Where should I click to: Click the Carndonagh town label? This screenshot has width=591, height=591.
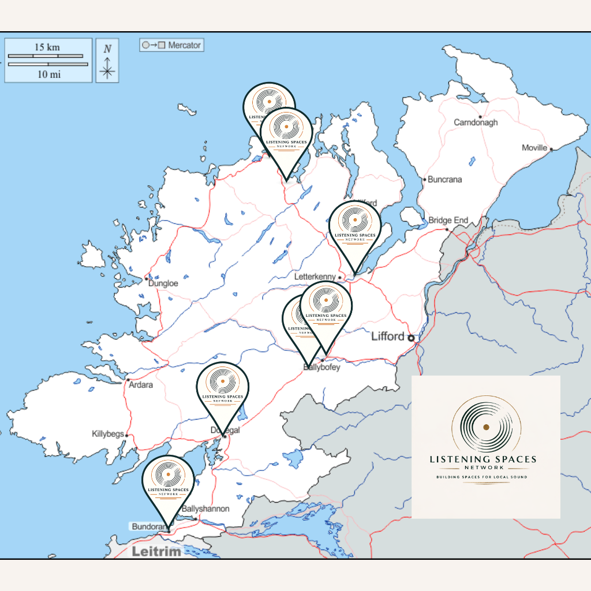(476, 122)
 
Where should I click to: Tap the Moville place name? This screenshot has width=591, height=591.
(534, 148)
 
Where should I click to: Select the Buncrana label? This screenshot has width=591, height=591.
(444, 179)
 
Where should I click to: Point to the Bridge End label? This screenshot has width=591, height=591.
(448, 220)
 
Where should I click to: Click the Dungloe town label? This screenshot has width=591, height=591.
(163, 283)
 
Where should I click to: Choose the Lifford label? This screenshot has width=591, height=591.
(387, 336)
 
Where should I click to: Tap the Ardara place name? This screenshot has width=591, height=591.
(141, 384)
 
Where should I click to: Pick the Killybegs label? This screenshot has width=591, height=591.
(108, 433)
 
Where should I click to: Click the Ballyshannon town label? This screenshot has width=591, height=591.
(205, 509)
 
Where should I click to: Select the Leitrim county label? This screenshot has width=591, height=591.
(156, 551)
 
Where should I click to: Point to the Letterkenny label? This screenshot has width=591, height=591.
(315, 277)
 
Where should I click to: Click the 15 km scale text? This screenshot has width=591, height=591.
(47, 47)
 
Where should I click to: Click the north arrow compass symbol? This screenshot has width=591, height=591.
(107, 61)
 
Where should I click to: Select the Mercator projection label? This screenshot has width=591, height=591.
(171, 45)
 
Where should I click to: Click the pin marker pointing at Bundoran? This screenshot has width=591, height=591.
(168, 485)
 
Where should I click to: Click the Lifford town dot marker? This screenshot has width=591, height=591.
(411, 338)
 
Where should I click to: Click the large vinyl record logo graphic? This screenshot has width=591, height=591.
(486, 427)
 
